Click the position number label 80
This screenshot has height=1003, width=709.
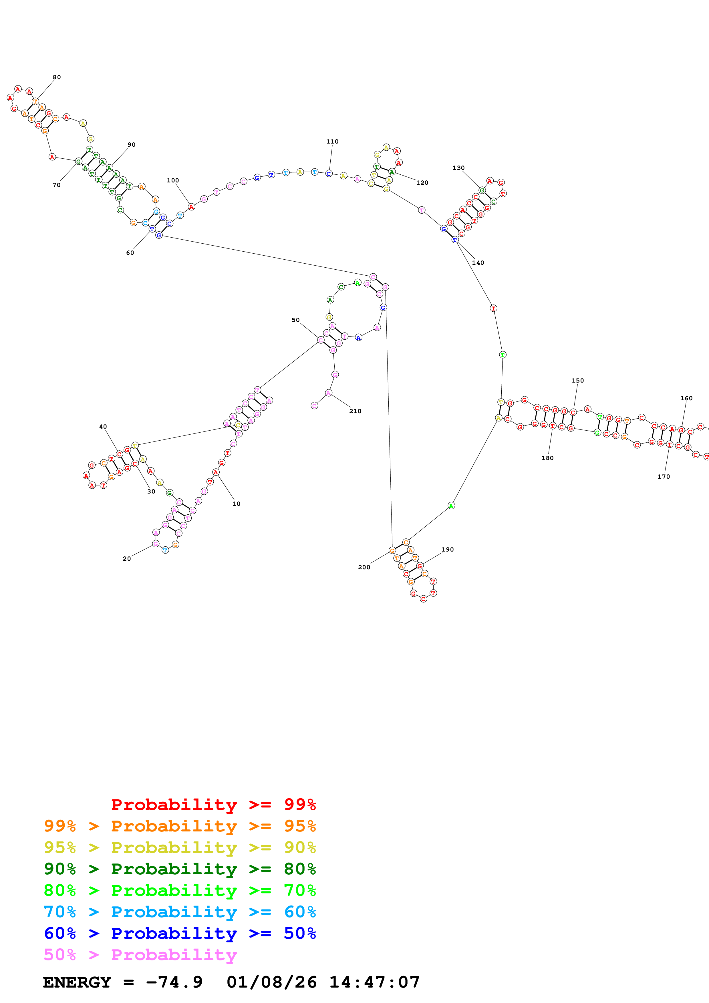(x=57, y=77)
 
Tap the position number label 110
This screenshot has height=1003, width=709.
(x=332, y=142)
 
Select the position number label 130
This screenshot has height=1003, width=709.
(x=458, y=168)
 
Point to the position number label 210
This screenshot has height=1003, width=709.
(x=355, y=411)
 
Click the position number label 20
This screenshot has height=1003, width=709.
(x=127, y=559)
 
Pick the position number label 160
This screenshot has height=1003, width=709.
(x=686, y=398)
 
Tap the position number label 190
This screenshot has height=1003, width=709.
(x=447, y=550)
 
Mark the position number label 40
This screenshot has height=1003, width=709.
(x=103, y=427)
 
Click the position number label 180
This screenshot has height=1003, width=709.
(x=547, y=458)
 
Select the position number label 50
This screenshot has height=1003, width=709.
(x=296, y=320)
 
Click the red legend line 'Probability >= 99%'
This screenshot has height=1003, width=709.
(x=213, y=805)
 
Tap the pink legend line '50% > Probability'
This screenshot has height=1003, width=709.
(x=140, y=955)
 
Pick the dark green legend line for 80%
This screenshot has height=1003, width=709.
(x=180, y=869)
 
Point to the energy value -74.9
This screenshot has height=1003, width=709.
(x=174, y=982)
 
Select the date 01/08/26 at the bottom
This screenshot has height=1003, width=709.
(x=271, y=982)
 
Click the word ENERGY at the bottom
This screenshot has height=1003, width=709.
(x=77, y=982)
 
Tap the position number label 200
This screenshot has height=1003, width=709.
(x=364, y=568)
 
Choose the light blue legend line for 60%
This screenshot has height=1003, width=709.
(x=180, y=912)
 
